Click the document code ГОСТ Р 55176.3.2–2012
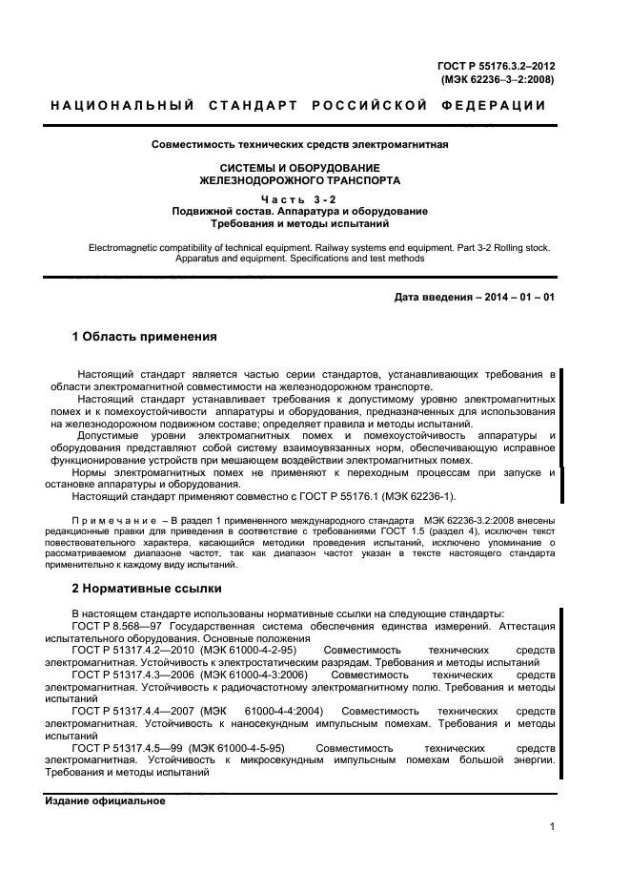point(496,66)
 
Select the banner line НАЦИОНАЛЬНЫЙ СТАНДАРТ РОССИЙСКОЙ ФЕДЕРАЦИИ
point(298,106)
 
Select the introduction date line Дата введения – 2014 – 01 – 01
point(475,297)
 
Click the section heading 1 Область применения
point(146,337)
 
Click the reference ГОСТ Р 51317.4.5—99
point(125,749)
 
